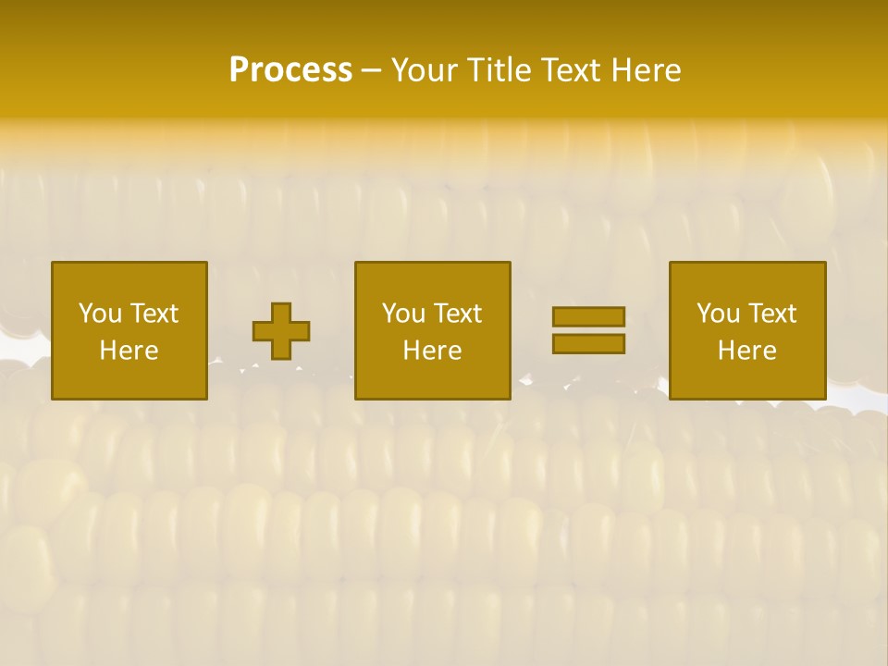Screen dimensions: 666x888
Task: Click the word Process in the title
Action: [290, 70]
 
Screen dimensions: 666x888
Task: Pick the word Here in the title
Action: [648, 70]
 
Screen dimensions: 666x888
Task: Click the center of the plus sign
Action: [281, 331]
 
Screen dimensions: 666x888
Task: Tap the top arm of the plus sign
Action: [281, 312]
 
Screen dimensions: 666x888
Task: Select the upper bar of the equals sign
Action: [588, 316]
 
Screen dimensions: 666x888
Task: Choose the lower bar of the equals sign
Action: [588, 344]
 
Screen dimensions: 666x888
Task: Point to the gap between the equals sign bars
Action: [588, 330]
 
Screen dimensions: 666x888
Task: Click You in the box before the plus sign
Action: [100, 314]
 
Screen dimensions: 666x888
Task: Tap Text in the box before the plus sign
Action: [153, 314]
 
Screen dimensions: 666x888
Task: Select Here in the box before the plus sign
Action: [129, 351]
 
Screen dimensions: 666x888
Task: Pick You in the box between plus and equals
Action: [403, 314]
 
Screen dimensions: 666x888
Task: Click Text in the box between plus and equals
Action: [456, 314]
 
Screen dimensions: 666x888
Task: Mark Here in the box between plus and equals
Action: [432, 351]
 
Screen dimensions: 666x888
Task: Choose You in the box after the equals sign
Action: [718, 314]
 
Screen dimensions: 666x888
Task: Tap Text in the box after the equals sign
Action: [771, 314]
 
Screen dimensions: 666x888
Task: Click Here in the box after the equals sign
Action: [746, 351]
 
